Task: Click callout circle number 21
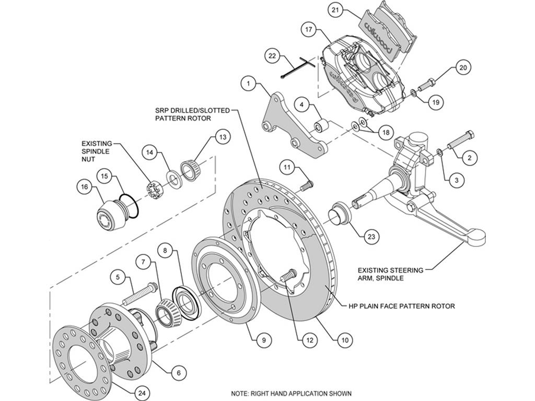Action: [x=335, y=10]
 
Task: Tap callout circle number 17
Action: [x=309, y=30]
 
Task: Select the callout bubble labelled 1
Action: [x=249, y=83]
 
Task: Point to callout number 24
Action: [x=142, y=394]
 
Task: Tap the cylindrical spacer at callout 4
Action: [x=321, y=126]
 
